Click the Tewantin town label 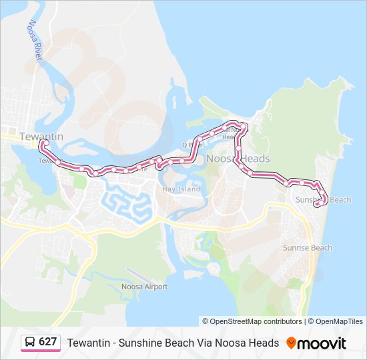41,136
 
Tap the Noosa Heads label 238,159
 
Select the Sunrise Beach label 307,248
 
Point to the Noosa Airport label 144,287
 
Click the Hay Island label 181,189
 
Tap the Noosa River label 35,41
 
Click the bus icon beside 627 30,342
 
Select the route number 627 48,342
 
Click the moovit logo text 322,343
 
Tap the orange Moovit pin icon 291,343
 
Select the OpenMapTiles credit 337,321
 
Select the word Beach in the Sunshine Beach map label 340,200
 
